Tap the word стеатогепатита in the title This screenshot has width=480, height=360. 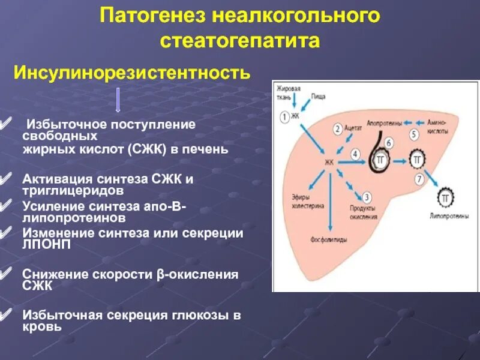tap(239, 40)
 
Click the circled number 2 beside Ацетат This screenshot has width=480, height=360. tap(338, 128)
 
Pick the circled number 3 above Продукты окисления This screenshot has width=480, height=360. tap(367, 196)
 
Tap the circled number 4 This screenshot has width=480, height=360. tap(355, 154)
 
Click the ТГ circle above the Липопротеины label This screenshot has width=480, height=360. tap(445, 197)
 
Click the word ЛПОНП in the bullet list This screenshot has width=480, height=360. tap(39, 245)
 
